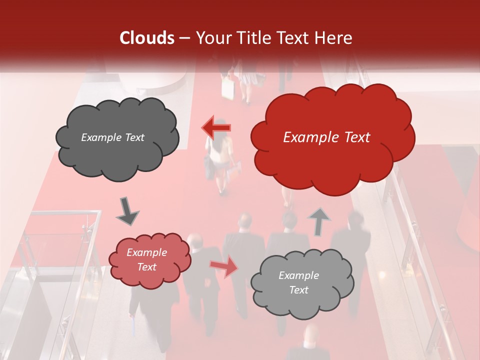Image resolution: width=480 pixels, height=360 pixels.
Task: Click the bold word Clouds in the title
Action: (x=147, y=38)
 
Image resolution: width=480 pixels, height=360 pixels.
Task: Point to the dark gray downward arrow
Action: (x=127, y=211)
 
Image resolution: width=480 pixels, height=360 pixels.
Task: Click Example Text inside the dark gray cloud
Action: (x=113, y=137)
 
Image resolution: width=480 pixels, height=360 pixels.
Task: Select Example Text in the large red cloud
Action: (x=326, y=137)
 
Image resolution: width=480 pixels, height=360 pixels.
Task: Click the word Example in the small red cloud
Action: (x=146, y=253)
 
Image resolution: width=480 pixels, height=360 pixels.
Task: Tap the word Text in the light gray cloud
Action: (x=298, y=290)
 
